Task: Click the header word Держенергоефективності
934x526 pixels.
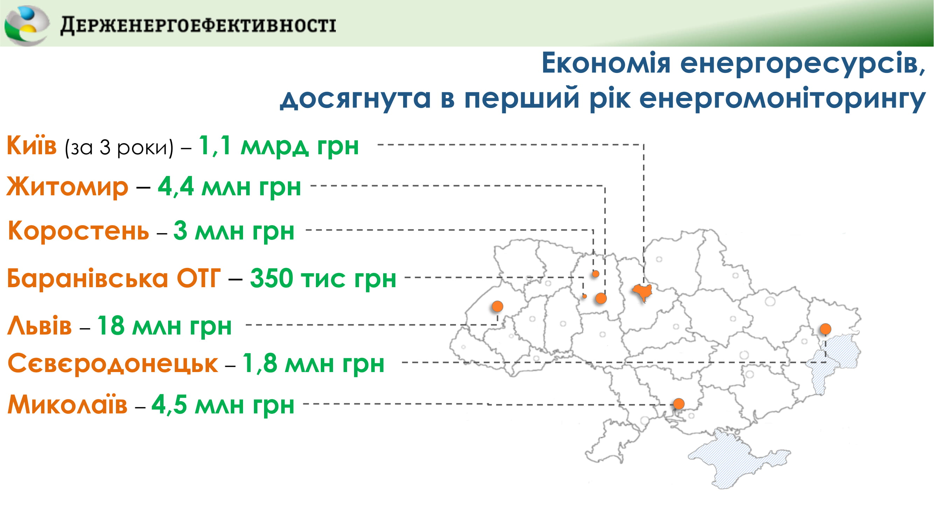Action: click(x=198, y=26)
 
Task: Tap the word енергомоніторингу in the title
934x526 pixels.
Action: click(x=782, y=99)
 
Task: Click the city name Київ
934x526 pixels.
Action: click(x=32, y=145)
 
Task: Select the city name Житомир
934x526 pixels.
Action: click(x=68, y=187)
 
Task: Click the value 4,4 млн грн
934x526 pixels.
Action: click(x=229, y=187)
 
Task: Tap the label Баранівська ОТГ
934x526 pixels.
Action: click(x=114, y=278)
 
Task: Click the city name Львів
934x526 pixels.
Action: click(x=40, y=326)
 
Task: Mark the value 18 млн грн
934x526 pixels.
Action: click(x=164, y=326)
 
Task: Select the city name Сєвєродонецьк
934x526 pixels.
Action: click(x=113, y=363)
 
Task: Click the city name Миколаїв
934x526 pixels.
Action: click(x=68, y=404)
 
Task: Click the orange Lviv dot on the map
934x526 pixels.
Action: click(x=497, y=306)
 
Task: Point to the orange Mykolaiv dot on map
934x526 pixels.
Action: click(x=679, y=404)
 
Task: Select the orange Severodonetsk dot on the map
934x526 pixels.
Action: click(x=825, y=329)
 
